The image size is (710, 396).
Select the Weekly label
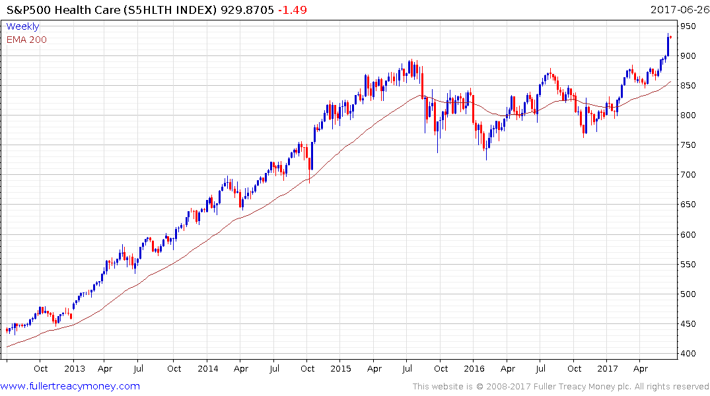coord(22,26)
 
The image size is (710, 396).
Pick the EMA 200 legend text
coord(26,40)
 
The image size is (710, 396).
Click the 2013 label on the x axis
coord(74,369)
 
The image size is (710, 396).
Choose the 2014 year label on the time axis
coord(207,369)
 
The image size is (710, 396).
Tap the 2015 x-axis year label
coord(341,369)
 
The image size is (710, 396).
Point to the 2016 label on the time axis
coord(474,369)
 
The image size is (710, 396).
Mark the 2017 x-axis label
coord(607,369)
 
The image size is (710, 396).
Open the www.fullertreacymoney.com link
coord(71,386)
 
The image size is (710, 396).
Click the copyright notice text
coord(561,387)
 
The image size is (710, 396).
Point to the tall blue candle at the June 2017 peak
coord(668,45)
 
